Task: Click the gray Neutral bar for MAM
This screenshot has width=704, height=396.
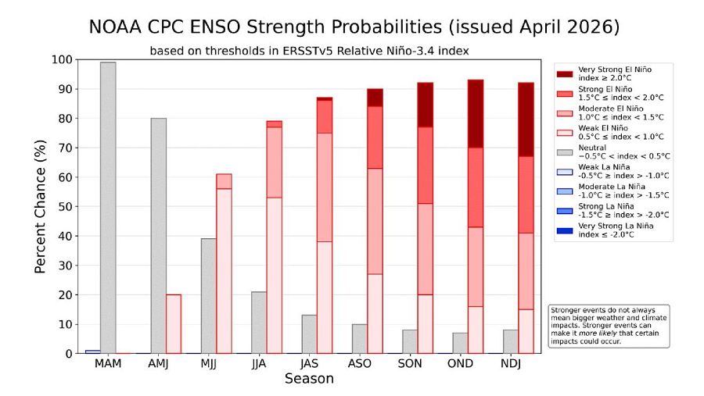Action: pos(108,208)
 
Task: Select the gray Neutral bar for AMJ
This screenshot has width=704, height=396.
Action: pos(158,236)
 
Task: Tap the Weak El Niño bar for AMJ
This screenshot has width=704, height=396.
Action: pos(174,324)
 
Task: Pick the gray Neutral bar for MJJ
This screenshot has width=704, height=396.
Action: pos(209,296)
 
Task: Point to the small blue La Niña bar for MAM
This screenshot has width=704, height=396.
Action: pos(92,351)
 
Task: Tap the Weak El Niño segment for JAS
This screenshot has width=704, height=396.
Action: pos(325,298)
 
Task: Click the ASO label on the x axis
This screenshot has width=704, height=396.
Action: pos(361,365)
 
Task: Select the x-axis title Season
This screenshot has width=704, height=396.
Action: pos(309,380)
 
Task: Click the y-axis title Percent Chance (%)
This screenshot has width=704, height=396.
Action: pos(41,207)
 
